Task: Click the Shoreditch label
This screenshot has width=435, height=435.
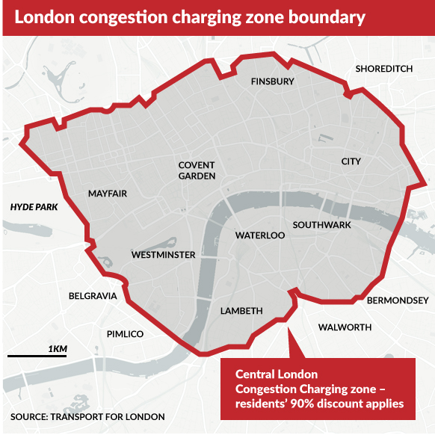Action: pyautogui.click(x=384, y=69)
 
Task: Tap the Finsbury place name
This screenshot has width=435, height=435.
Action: pyautogui.click(x=273, y=81)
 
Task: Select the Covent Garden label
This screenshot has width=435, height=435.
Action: pyautogui.click(x=197, y=170)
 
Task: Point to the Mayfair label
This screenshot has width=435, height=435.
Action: pyautogui.click(x=108, y=194)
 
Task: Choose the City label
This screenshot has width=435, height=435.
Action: pyautogui.click(x=351, y=161)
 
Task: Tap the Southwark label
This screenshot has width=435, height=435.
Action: pyautogui.click(x=321, y=225)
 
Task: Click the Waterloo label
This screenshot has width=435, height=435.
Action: pyautogui.click(x=260, y=235)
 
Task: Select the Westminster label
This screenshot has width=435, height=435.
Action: pyautogui.click(x=163, y=255)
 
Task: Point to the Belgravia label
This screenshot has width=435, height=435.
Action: pyautogui.click(x=93, y=296)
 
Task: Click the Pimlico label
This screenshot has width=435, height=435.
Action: pyautogui.click(x=125, y=334)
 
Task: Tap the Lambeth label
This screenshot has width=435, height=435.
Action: pyautogui.click(x=241, y=311)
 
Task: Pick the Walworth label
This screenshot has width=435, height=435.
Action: pyautogui.click(x=345, y=327)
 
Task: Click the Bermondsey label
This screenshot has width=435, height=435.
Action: pyautogui.click(x=398, y=300)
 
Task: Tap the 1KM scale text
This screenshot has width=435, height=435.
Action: pyautogui.click(x=58, y=349)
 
